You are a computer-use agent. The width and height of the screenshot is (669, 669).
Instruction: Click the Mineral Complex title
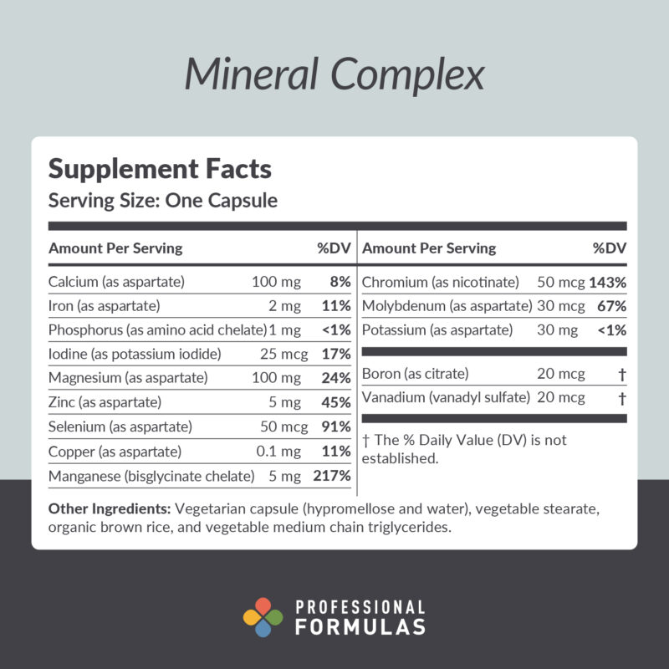point(334,75)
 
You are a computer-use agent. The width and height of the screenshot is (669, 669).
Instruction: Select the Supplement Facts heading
point(160,169)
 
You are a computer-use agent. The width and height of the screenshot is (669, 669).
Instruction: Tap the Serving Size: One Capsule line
point(163,202)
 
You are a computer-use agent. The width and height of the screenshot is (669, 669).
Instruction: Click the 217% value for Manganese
point(332,476)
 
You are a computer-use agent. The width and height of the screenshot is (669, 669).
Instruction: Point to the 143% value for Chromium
point(608,282)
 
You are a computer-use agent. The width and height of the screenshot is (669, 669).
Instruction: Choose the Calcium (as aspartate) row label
point(116,282)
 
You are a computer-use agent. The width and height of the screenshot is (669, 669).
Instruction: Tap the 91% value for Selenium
point(336,426)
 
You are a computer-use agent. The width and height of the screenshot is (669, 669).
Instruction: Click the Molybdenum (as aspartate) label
point(447,306)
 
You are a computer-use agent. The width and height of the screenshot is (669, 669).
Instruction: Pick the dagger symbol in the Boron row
point(621,374)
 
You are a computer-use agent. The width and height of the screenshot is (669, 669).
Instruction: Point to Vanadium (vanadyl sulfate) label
point(446,398)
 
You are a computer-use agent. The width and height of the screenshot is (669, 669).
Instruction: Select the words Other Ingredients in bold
point(109,508)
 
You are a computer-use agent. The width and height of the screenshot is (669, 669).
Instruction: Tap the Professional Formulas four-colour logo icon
point(263,618)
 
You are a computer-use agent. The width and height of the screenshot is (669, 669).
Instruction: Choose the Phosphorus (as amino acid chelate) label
point(157,329)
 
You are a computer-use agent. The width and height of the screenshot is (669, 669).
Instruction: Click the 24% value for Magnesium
point(336,378)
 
